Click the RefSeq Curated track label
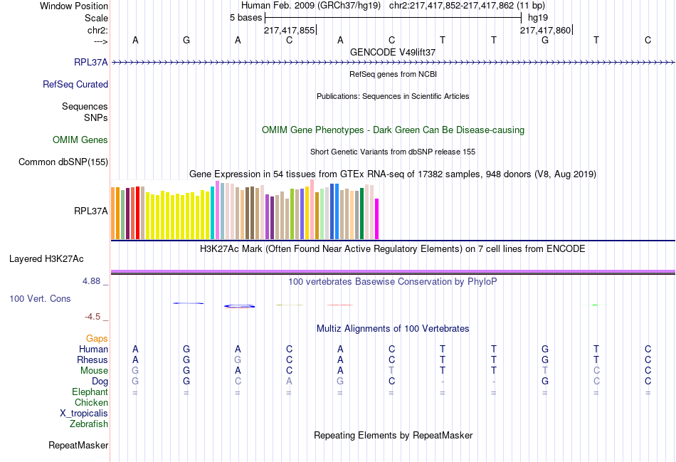coord(75,84)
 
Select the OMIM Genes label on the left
coord(80,140)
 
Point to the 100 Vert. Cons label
coord(40,298)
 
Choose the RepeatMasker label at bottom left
coord(78,446)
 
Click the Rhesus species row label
coord(93,360)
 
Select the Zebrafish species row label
coord(89,424)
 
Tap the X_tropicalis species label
coord(84,414)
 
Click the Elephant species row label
coord(90,392)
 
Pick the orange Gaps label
coord(97,338)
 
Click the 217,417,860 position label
coord(545,30)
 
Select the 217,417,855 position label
coord(289,30)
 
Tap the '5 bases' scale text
coord(245,18)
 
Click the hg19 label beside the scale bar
coord(537,18)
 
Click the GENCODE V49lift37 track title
coord(393,52)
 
